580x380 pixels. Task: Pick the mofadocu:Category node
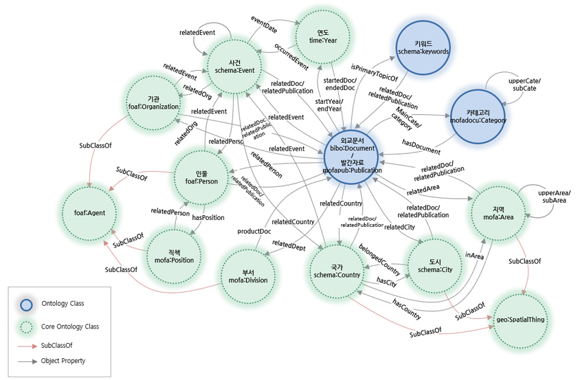477,114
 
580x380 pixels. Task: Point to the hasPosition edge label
208,217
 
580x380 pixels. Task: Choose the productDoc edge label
254,231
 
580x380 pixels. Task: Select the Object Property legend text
64,360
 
